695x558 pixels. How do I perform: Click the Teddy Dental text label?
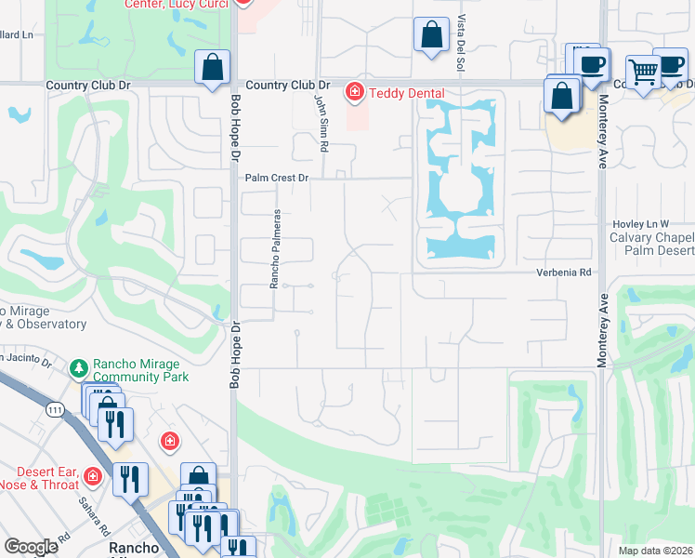[x=406, y=93]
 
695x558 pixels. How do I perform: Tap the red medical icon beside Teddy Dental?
[x=354, y=92]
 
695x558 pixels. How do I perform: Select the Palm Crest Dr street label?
[x=276, y=178]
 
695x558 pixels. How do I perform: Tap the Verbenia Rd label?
[x=563, y=272]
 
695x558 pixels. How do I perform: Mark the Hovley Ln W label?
[x=640, y=224]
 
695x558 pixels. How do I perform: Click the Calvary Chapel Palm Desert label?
[x=651, y=244]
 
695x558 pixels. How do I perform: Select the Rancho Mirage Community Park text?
[x=140, y=370]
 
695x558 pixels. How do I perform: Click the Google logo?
[x=31, y=547]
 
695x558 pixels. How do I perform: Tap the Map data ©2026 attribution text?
[x=655, y=551]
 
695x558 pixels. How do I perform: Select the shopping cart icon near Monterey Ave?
[x=644, y=71]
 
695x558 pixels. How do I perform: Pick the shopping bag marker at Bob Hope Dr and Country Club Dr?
[x=212, y=67]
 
